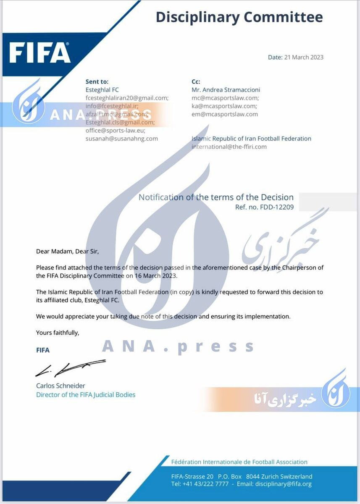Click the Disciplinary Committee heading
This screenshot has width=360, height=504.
[x=239, y=17]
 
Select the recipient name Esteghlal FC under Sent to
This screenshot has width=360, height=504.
[x=102, y=90]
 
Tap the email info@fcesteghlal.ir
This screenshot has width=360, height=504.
[x=112, y=106]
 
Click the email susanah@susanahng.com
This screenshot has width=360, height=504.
[x=122, y=138]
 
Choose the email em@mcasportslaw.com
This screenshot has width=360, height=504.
[x=225, y=114]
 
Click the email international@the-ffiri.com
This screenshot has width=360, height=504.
[x=229, y=147]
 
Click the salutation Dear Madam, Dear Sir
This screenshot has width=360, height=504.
[x=68, y=252]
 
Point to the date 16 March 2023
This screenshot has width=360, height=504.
[x=156, y=276]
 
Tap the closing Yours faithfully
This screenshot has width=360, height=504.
[x=58, y=333]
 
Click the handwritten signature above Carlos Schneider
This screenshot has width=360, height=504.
[x=69, y=368]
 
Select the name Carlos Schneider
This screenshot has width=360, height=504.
[x=60, y=386]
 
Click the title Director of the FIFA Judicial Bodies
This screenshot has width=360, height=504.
[x=86, y=395]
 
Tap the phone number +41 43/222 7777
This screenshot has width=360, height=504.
[x=205, y=484]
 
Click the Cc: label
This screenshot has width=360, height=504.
[x=196, y=82]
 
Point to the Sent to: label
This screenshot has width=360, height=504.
[x=97, y=82]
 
